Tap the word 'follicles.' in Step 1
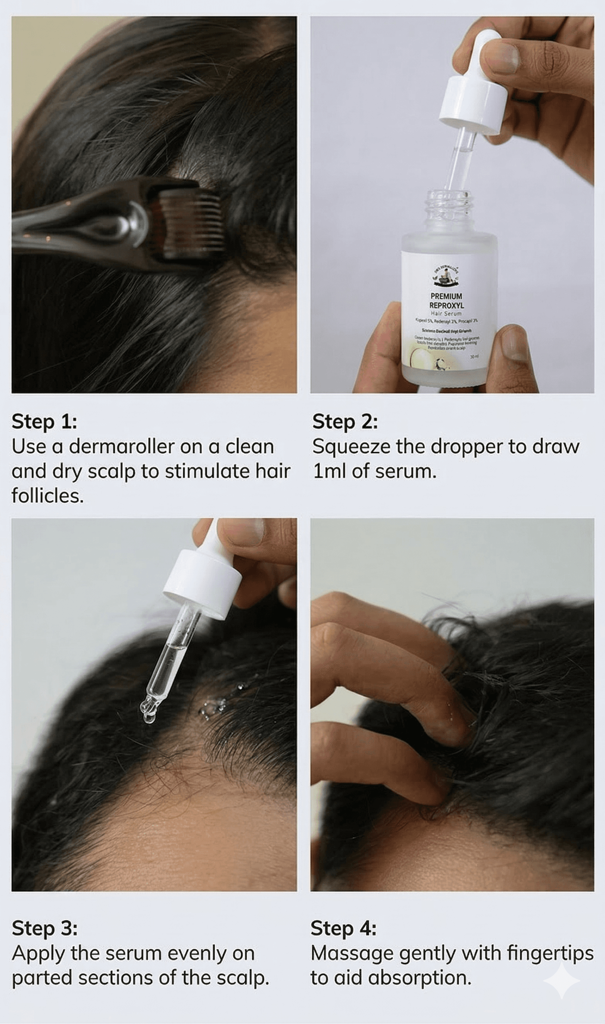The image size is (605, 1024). pos(47,496)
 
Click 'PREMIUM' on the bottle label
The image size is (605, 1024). pos(446,296)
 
